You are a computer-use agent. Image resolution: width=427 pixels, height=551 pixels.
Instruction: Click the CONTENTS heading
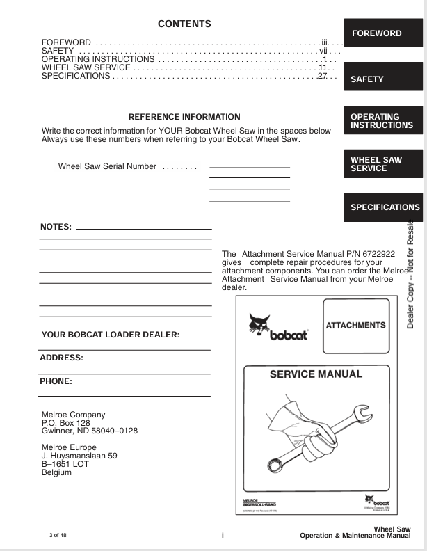184,24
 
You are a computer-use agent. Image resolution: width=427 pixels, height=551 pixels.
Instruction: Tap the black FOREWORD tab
382,33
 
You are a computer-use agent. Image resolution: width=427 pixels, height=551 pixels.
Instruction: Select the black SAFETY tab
382,79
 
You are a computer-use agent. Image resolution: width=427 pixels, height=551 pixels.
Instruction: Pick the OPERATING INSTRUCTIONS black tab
382,121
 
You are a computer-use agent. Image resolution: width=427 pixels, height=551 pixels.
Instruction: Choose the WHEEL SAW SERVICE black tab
382,164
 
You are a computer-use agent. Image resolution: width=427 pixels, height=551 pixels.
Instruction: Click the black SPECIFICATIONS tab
384,207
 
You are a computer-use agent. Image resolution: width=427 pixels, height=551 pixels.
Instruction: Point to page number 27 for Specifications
322,75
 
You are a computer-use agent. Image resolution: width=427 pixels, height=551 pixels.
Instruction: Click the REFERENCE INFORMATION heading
184,117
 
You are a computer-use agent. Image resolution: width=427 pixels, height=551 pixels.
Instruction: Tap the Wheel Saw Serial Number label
107,167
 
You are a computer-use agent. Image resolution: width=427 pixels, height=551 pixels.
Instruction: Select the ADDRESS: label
61,358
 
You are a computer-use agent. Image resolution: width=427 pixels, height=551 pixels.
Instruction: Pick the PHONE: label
56,381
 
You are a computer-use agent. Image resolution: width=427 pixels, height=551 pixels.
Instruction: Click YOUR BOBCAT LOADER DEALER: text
111,335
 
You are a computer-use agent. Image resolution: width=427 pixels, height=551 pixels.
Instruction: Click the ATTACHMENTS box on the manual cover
355,325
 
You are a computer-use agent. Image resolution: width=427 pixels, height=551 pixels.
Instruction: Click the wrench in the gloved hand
313,435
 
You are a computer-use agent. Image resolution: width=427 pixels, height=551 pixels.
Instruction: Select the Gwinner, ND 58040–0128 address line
90,431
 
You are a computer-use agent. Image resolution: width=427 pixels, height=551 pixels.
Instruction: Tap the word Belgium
56,473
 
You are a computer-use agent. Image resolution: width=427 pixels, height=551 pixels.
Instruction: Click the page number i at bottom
223,535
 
